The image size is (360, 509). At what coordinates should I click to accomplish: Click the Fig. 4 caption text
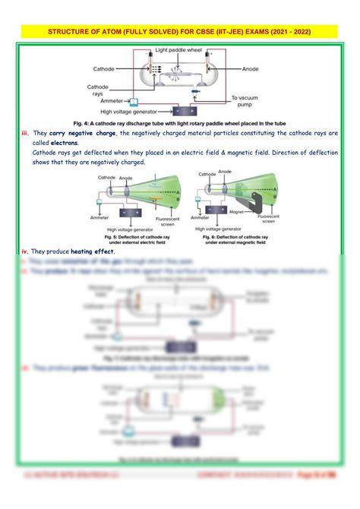tap(179, 122)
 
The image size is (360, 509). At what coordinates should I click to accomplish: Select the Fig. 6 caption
tap(235, 239)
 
